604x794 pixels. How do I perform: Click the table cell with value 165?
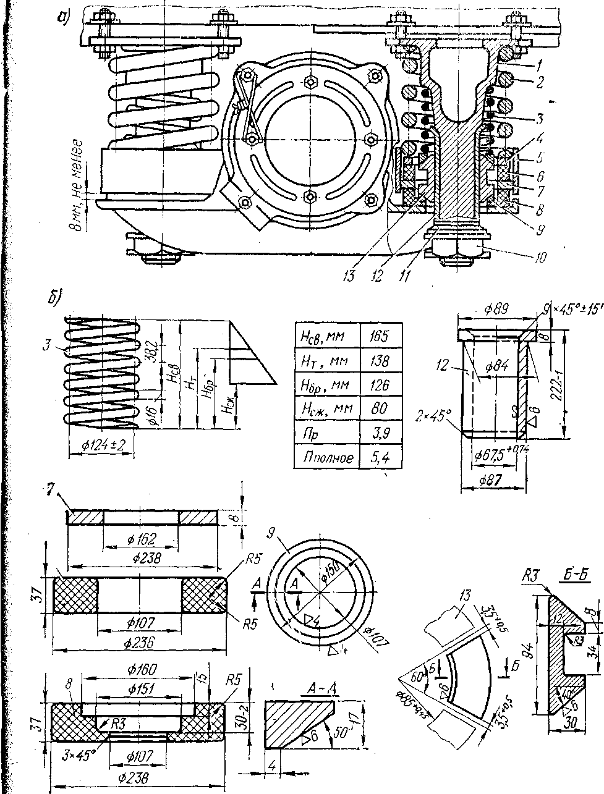pos(380,337)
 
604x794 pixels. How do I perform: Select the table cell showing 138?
pos(380,361)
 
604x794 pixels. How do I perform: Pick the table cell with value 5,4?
pos(380,457)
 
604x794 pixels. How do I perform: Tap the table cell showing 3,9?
pos(380,433)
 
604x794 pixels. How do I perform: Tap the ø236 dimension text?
pos(137,643)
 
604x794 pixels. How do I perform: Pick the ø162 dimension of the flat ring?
pos(141,538)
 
